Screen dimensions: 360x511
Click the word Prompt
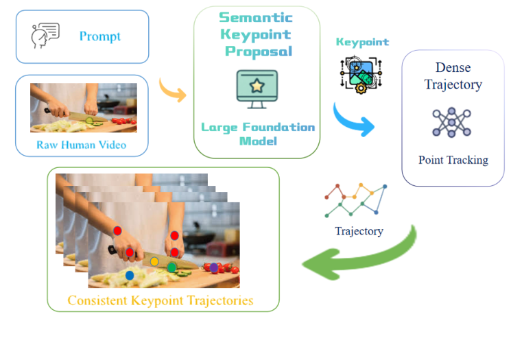[x=101, y=36]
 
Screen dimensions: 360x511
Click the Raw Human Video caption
[x=82, y=145]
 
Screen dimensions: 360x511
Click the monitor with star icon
[x=257, y=87]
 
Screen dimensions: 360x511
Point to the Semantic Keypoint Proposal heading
[x=257, y=34]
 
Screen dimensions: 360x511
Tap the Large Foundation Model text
[x=257, y=134]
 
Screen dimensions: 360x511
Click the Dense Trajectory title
[x=453, y=76]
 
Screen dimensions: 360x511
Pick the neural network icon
[x=452, y=123]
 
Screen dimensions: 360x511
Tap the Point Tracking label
[x=453, y=160]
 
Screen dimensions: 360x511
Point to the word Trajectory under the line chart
[x=359, y=231]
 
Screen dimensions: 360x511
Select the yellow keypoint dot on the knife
[x=154, y=261]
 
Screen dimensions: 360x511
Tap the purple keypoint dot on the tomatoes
[x=214, y=267]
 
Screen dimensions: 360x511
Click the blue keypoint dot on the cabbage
[x=130, y=275]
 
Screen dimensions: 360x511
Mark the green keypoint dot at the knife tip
[x=172, y=267]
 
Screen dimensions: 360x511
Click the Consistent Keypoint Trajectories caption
[x=161, y=300]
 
